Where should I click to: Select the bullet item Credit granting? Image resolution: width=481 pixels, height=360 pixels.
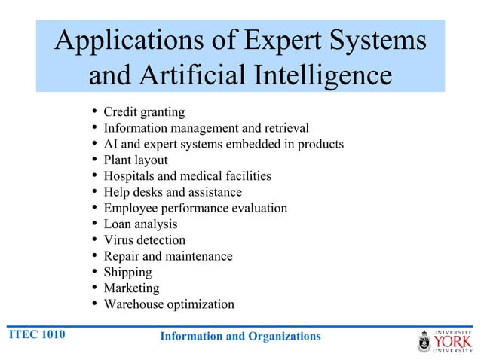click(x=144, y=112)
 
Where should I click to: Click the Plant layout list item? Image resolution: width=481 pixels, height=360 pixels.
click(x=136, y=160)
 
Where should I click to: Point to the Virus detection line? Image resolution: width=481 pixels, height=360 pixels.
click(x=144, y=240)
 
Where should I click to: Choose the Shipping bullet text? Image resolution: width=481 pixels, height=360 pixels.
click(x=127, y=272)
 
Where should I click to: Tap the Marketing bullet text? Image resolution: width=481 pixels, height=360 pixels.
click(x=131, y=288)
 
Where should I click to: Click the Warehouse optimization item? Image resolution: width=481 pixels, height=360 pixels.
click(x=169, y=304)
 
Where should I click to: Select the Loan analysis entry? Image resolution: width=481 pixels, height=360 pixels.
click(x=140, y=224)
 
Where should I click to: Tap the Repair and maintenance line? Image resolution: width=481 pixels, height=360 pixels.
click(x=168, y=256)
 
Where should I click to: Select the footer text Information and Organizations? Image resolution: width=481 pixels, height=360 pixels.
click(x=240, y=336)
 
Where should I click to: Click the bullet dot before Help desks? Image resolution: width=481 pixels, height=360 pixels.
click(x=93, y=193)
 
